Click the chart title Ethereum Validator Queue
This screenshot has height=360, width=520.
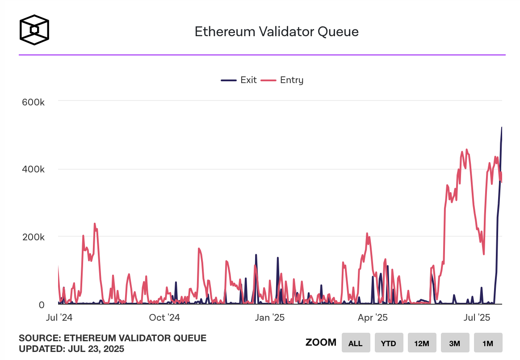click(x=277, y=32)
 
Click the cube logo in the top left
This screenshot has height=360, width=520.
click(x=34, y=30)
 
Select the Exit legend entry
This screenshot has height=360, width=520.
click(x=239, y=80)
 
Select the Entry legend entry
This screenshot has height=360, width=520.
click(x=282, y=80)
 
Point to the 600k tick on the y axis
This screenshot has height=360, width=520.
click(x=34, y=102)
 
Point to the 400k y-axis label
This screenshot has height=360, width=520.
click(x=34, y=170)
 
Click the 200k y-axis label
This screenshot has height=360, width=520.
click(x=34, y=237)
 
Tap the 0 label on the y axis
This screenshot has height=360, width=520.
click(x=42, y=305)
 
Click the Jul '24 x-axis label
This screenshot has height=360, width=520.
click(x=59, y=318)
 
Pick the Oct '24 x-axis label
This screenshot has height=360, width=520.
click(x=164, y=318)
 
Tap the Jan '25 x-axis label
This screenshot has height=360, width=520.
click(x=269, y=318)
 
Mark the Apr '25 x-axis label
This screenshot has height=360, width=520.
click(x=373, y=318)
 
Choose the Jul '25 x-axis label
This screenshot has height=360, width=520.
click(x=477, y=318)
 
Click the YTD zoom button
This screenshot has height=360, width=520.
click(x=389, y=343)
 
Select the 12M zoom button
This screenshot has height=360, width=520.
click(x=422, y=343)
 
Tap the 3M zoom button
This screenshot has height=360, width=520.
click(x=455, y=343)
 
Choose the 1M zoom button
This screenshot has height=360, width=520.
click(x=488, y=343)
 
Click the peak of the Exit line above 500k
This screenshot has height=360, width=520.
click(x=501, y=128)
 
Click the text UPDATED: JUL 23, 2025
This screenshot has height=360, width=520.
click(x=71, y=348)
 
